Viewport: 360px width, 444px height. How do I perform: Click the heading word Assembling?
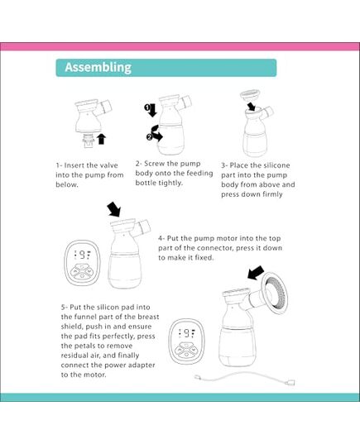pyautogui.click(x=98, y=67)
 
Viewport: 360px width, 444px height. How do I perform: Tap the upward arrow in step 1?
pyautogui.click(x=101, y=136)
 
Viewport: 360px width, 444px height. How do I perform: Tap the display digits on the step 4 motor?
pyautogui.click(x=82, y=255)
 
